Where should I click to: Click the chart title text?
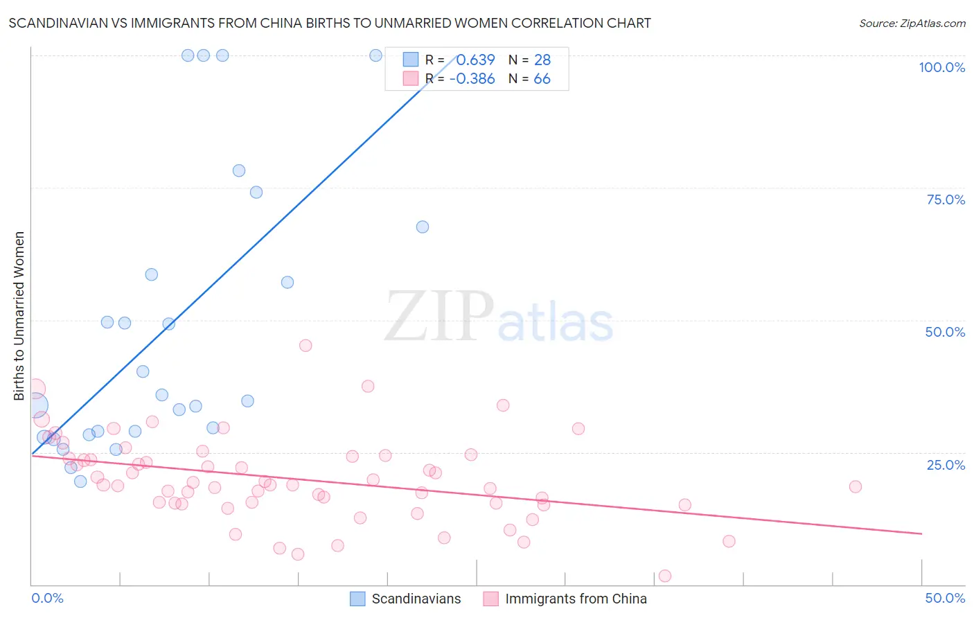[330, 23]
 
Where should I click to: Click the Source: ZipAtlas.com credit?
[912, 23]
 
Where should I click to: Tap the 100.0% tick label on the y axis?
[941, 67]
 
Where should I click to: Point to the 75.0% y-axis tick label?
[946, 200]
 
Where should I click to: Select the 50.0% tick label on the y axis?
[945, 332]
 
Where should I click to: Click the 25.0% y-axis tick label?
[946, 465]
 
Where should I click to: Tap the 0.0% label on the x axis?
[48, 598]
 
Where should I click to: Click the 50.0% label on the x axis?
[945, 598]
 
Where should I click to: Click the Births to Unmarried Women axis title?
[19, 316]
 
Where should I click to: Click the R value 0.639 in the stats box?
[475, 60]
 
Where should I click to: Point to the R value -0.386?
[472, 79]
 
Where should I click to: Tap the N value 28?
[542, 60]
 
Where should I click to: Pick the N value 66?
[542, 79]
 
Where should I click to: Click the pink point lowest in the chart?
[665, 576]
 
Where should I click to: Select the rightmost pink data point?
[856, 486]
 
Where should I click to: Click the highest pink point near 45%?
[306, 345]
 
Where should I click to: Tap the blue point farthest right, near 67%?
[423, 227]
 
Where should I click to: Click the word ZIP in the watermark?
[439, 317]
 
